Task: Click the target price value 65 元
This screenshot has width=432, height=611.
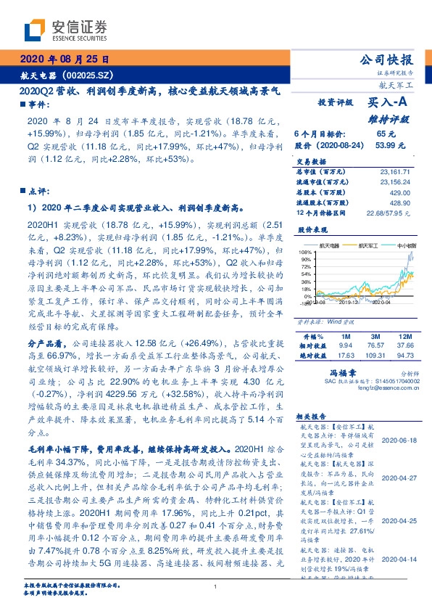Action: pos(386,134)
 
